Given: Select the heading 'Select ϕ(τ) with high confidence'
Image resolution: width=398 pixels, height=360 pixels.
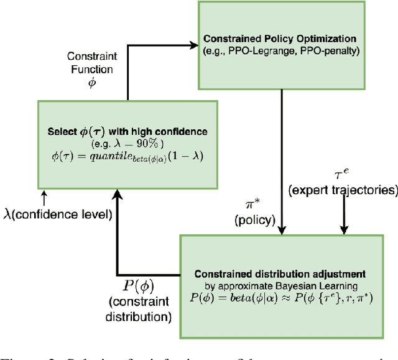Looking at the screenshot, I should point(127,132).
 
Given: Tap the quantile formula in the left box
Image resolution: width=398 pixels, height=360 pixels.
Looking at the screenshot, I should point(127,155).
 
